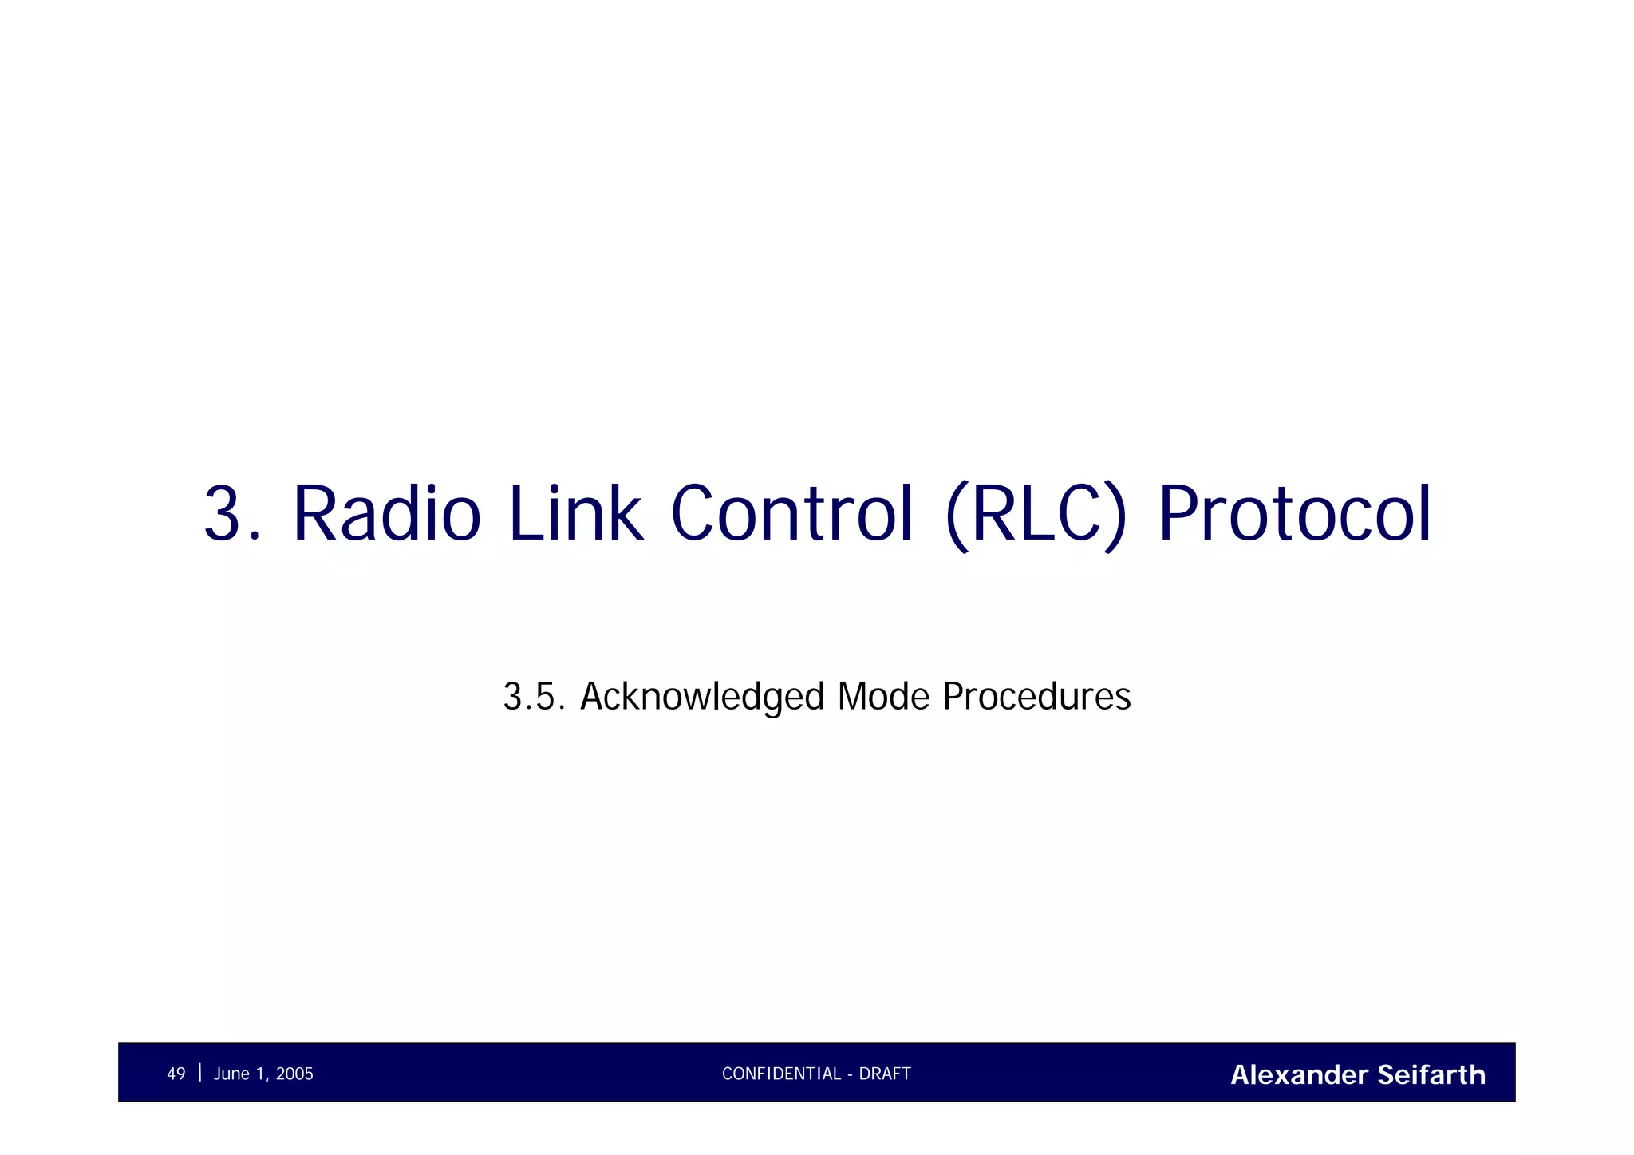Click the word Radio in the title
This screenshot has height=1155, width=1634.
[x=387, y=514]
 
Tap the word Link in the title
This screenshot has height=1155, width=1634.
[x=574, y=514]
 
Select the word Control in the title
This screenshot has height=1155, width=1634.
[x=791, y=514]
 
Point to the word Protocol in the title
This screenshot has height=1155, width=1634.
[x=1294, y=514]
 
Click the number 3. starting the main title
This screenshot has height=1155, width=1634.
[x=232, y=514]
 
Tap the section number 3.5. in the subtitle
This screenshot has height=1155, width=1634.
[x=534, y=697]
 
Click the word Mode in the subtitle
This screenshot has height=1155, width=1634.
[x=883, y=697]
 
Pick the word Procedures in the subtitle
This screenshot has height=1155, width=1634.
[x=1036, y=697]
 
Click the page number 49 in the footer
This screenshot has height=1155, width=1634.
[x=176, y=1074]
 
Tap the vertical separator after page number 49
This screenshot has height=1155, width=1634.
[x=199, y=1073]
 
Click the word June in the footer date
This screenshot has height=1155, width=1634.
[x=231, y=1074]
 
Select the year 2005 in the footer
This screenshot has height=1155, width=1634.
[x=294, y=1074]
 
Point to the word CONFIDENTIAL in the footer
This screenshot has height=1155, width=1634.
[x=781, y=1074]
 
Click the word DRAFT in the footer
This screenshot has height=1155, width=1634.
[x=885, y=1074]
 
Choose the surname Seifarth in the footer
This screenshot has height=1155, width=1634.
[x=1431, y=1075]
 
